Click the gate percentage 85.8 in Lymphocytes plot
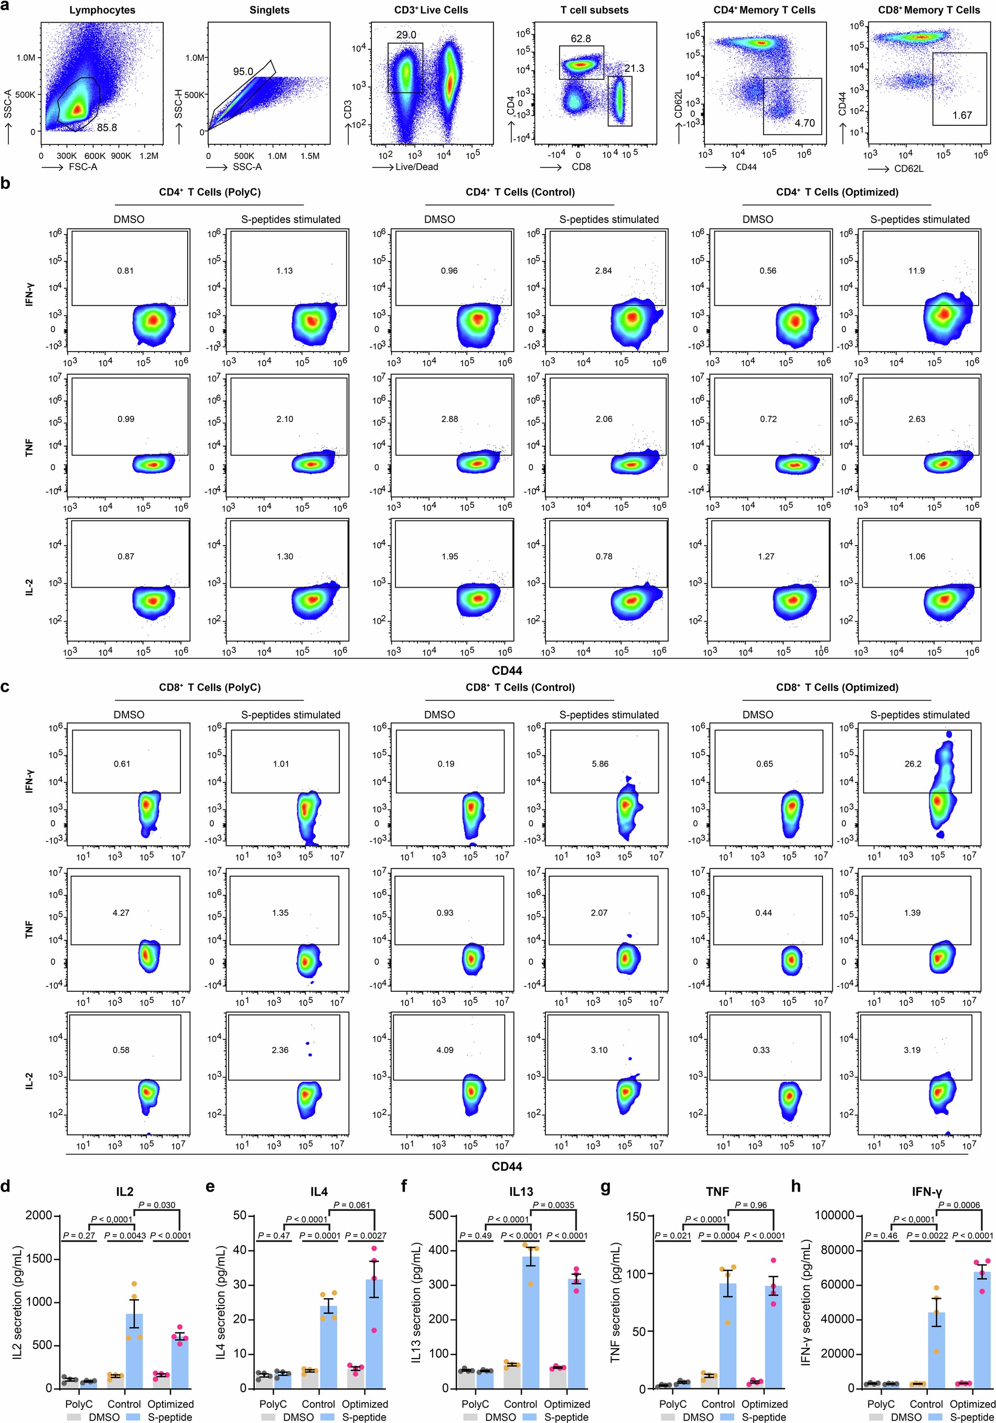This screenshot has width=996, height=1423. (x=106, y=128)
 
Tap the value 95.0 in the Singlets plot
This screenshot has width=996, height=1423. (x=243, y=71)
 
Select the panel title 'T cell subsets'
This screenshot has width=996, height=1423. (x=594, y=10)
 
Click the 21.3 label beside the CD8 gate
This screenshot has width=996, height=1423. (x=634, y=68)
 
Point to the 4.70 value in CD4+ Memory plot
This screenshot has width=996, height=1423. (x=805, y=123)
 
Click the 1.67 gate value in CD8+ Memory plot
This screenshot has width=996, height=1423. (x=962, y=115)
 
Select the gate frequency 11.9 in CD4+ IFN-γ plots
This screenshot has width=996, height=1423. (x=916, y=271)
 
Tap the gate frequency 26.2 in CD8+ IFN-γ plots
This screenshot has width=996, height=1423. (x=913, y=763)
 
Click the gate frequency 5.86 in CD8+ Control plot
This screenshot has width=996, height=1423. (x=599, y=763)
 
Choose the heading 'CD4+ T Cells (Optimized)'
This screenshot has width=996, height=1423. (x=837, y=192)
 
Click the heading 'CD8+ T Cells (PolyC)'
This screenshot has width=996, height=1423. (x=209, y=687)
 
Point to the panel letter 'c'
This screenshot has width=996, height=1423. (x=6, y=687)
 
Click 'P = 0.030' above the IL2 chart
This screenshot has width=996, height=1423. (x=157, y=1205)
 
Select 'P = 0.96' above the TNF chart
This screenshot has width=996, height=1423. (x=751, y=1205)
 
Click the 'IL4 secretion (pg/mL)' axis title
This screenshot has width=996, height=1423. (x=221, y=1302)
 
